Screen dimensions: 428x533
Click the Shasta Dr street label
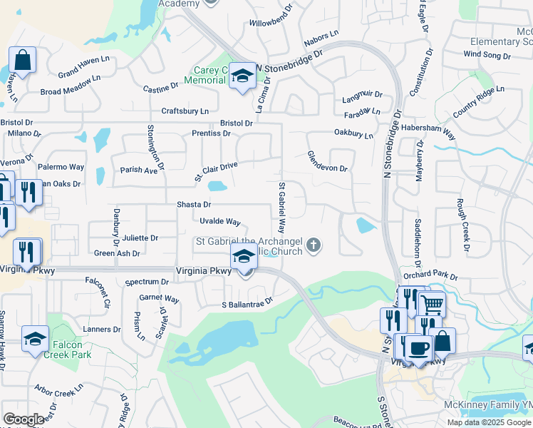click(x=194, y=205)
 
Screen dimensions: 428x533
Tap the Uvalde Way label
click(x=220, y=222)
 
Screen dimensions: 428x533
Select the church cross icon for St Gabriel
click(x=312, y=247)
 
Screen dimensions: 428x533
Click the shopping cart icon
click(x=431, y=304)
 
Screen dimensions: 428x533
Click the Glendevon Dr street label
click(x=327, y=161)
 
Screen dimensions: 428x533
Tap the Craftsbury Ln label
click(x=185, y=111)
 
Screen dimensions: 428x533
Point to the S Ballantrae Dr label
click(x=247, y=303)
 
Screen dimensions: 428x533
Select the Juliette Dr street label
click(x=140, y=238)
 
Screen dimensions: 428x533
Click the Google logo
click(x=24, y=419)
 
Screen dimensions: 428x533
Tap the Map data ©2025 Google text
click(x=489, y=422)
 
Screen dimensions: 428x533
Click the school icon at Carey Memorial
click(x=242, y=78)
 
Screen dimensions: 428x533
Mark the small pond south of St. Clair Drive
click(x=217, y=187)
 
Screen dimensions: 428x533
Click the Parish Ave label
click(x=138, y=170)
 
